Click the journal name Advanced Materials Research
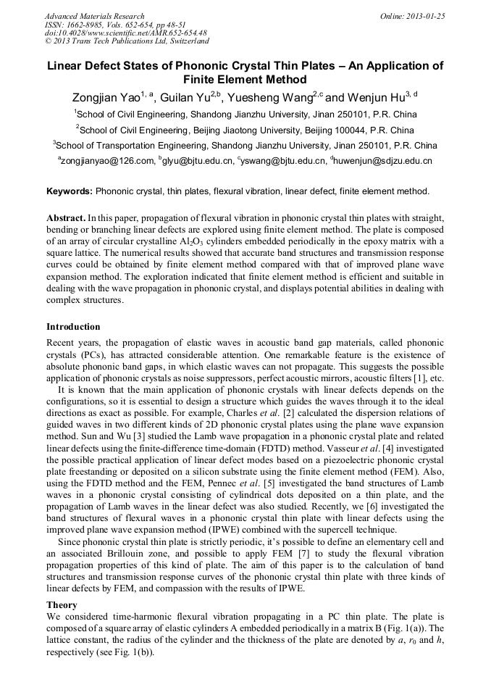(x=94, y=16)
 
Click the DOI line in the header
(x=125, y=33)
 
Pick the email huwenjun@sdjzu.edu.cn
(x=383, y=161)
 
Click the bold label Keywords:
(x=70, y=191)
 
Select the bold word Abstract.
(x=66, y=217)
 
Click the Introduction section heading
(x=73, y=327)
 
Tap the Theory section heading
(x=62, y=604)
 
